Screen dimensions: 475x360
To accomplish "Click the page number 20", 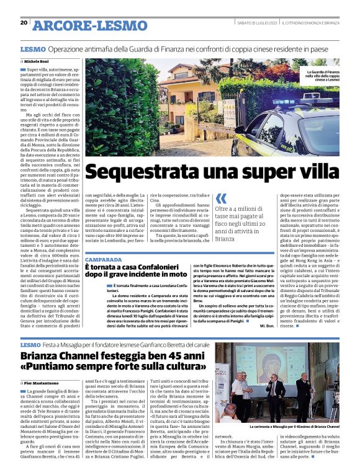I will point(24,22).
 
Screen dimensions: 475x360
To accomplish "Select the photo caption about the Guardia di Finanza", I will point(323,76).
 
